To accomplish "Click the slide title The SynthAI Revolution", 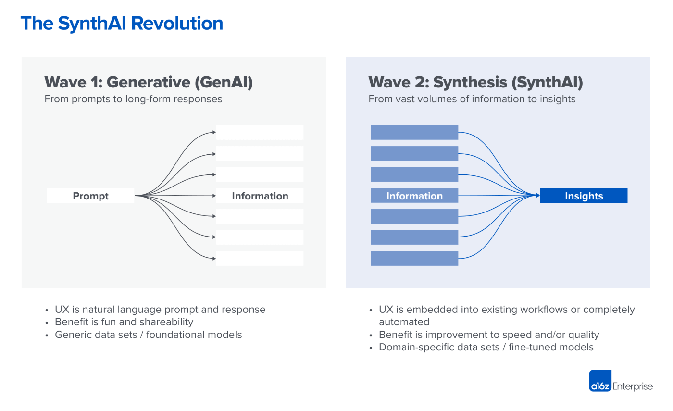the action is [x=122, y=24].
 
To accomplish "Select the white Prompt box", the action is [x=90, y=196].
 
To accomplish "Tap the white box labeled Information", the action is [x=260, y=196].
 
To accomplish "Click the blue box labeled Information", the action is [x=414, y=196].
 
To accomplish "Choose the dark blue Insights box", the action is [x=584, y=196].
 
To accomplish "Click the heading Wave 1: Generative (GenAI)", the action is [x=149, y=82].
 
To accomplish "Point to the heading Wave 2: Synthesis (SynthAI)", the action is [x=475, y=82].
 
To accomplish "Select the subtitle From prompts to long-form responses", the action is [x=134, y=99].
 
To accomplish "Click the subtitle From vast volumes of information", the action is [x=472, y=99].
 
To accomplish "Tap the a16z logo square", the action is [x=600, y=381].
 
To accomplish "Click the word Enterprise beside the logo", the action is [x=633, y=386].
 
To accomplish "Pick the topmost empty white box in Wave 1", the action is [x=260, y=133].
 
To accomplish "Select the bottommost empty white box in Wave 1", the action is [x=260, y=259].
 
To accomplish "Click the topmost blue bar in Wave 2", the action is [x=414, y=133].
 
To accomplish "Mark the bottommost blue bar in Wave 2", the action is [x=414, y=259].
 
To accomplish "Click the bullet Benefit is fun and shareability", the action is [x=124, y=322].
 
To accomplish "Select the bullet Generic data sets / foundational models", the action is [x=149, y=335].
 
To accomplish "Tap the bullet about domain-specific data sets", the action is [x=486, y=347].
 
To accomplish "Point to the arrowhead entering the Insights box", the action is [x=538, y=196].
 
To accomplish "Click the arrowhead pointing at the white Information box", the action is [x=214, y=196].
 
